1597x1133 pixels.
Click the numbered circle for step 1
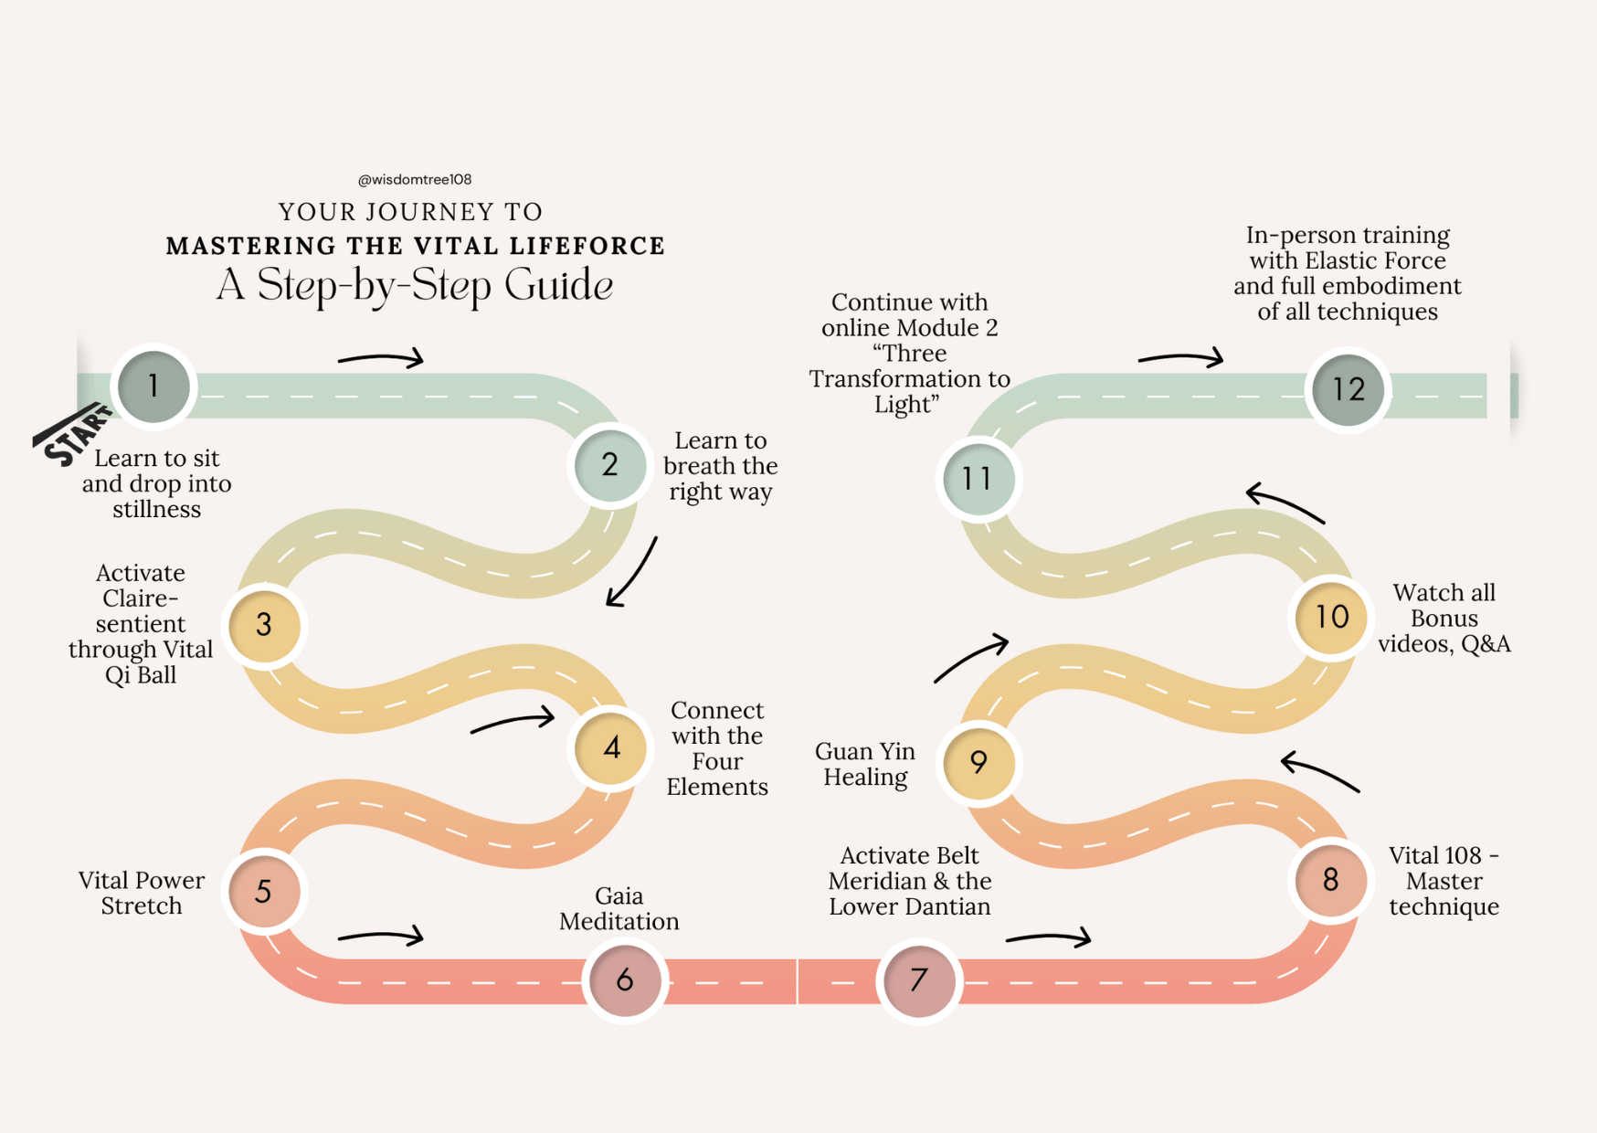(x=154, y=386)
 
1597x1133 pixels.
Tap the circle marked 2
(x=609, y=465)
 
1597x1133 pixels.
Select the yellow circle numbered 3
(x=264, y=625)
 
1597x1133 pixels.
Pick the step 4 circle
(x=611, y=748)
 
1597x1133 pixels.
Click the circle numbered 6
(x=625, y=979)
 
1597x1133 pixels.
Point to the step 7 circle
(x=919, y=979)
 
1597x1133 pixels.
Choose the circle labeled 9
(x=978, y=762)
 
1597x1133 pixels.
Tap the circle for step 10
(x=1331, y=618)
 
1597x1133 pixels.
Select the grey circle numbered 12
(x=1348, y=390)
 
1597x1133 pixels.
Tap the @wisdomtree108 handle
(x=415, y=179)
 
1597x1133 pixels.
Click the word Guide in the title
(x=558, y=285)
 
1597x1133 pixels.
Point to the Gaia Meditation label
(x=619, y=908)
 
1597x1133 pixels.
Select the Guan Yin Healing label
(x=864, y=764)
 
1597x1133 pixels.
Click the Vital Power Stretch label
(x=142, y=893)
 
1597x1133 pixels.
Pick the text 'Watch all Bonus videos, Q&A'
(x=1444, y=619)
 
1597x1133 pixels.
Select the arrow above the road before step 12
(x=1180, y=358)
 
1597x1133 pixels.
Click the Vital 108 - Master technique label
(x=1444, y=881)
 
